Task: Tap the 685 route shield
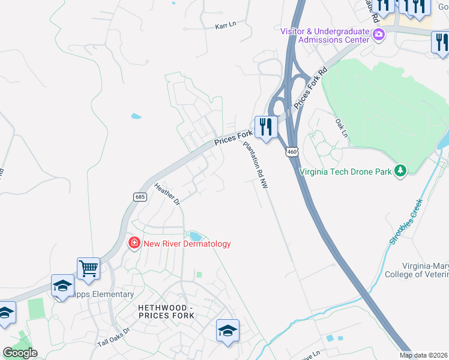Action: click(140, 197)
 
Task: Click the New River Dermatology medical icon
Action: click(134, 243)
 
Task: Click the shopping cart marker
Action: click(88, 268)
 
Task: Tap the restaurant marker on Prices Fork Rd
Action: click(265, 127)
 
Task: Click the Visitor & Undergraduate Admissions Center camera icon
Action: click(378, 35)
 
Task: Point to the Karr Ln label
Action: click(226, 26)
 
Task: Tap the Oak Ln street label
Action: click(342, 127)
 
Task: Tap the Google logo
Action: click(20, 353)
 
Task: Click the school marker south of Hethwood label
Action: click(228, 331)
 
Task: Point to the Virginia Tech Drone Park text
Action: click(346, 172)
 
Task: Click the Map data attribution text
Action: click(424, 355)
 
